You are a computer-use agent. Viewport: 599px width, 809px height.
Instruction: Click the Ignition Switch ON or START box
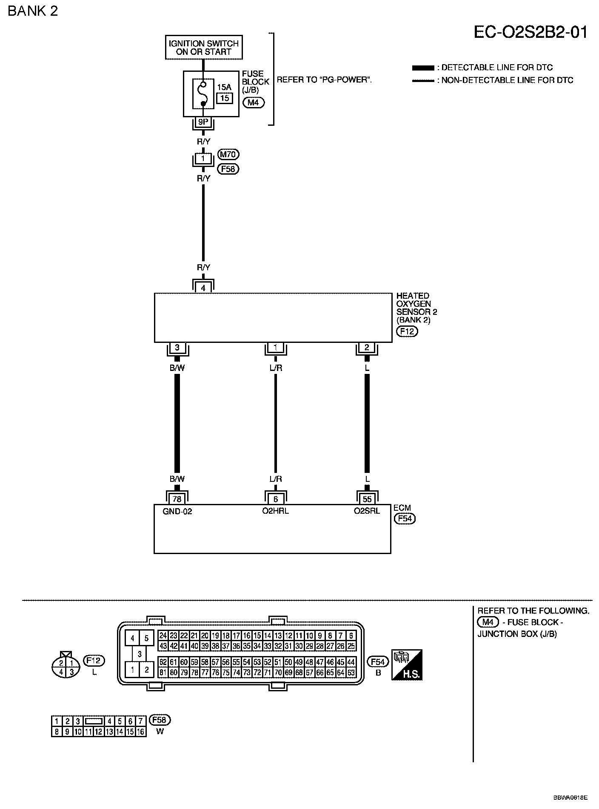203,48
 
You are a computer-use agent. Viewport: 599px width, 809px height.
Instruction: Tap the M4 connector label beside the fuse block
253,102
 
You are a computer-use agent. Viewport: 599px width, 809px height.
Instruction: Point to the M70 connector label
228,154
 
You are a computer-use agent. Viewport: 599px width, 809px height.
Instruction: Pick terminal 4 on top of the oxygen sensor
203,288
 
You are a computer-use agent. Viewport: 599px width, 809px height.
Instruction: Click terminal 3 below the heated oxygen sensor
177,348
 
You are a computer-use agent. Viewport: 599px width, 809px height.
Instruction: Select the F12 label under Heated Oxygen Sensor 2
407,331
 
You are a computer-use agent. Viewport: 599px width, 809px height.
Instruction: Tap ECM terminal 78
177,499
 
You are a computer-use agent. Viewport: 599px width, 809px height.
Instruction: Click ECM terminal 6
276,499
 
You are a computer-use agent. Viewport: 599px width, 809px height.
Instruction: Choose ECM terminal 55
367,499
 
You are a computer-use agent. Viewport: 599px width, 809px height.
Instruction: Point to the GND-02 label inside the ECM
177,512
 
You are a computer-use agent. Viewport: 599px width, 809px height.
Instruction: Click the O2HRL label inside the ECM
276,511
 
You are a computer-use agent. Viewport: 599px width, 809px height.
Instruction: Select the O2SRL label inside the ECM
367,511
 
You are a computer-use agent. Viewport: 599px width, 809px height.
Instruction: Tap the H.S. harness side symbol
407,665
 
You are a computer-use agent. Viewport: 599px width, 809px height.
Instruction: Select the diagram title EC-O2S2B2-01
531,32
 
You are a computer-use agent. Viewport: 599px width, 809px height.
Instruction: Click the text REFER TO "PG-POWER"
324,80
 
